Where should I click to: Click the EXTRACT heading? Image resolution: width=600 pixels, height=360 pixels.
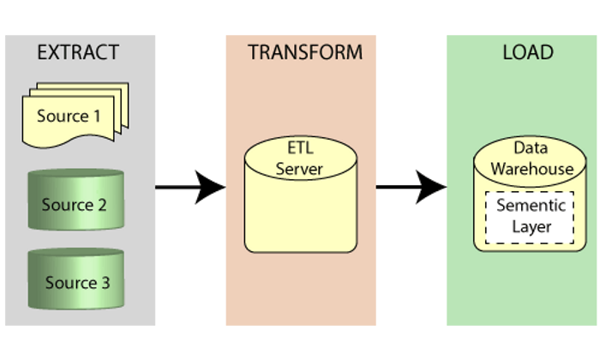(x=77, y=52)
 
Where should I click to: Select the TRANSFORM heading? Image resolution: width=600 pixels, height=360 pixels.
(x=305, y=52)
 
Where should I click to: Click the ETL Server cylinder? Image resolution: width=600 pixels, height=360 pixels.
(x=300, y=201)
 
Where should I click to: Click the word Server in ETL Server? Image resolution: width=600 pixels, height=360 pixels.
(x=300, y=169)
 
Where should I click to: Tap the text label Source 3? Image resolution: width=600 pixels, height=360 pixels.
(x=77, y=283)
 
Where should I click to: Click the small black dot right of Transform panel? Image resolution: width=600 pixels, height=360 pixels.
(x=378, y=185)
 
